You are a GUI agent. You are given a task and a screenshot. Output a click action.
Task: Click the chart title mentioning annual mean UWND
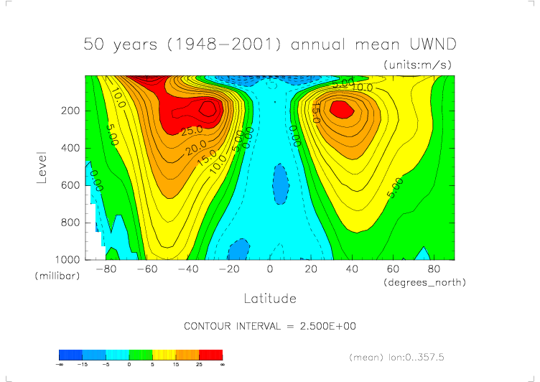coord(270,44)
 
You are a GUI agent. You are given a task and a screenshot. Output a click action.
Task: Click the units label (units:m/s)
coord(420,65)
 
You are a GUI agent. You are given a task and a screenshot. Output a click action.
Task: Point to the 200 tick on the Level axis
coord(70,111)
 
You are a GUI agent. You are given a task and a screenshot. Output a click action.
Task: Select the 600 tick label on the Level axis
coord(70,185)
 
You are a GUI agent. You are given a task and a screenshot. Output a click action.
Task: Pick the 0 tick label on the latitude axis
coord(270,269)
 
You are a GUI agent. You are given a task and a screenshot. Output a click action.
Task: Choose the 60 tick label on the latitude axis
coord(393,269)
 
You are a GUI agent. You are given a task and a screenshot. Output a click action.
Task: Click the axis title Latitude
coord(270,297)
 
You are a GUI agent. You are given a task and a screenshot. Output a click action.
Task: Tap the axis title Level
coord(42,167)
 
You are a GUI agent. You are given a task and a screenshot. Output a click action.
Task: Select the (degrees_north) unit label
coord(425,282)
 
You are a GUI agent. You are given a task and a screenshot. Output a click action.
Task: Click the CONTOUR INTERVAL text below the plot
coord(270,326)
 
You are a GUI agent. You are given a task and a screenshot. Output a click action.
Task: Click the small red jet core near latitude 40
coord(342,108)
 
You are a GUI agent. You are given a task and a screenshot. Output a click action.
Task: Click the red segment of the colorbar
coord(211,355)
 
